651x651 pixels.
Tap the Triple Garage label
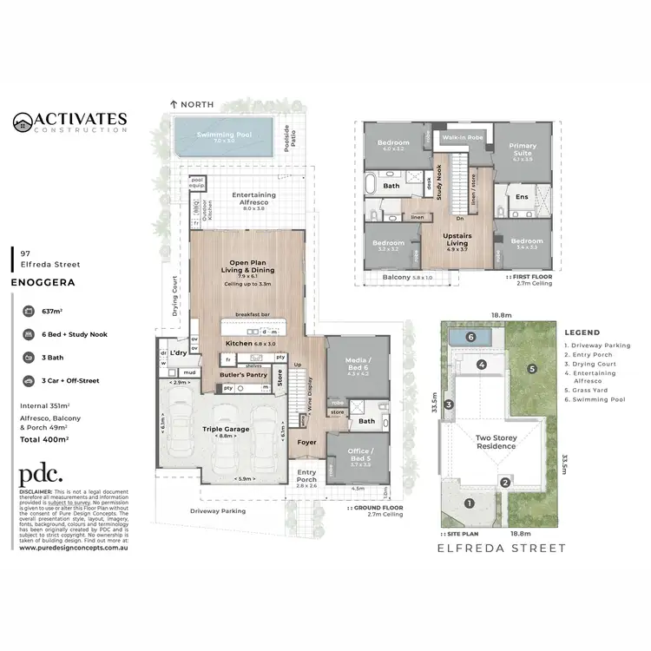pyautogui.click(x=226, y=429)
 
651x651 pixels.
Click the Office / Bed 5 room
pyautogui.click(x=358, y=455)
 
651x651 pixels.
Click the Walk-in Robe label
pyautogui.click(x=463, y=138)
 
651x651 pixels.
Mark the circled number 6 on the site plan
pyautogui.click(x=470, y=337)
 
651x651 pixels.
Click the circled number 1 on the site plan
pyautogui.click(x=469, y=502)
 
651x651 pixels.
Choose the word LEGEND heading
pyautogui.click(x=582, y=332)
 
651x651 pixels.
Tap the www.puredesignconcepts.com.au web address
pyautogui.click(x=75, y=548)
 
